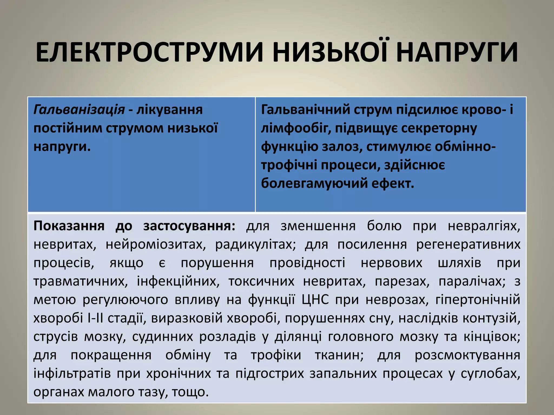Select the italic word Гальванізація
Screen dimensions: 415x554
point(79,110)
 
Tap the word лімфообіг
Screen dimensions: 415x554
point(296,128)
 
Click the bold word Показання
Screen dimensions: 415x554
point(69,226)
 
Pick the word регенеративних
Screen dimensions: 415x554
point(468,245)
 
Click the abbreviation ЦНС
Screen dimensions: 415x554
point(315,300)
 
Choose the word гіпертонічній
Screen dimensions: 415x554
point(478,300)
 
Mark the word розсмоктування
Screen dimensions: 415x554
point(467,355)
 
